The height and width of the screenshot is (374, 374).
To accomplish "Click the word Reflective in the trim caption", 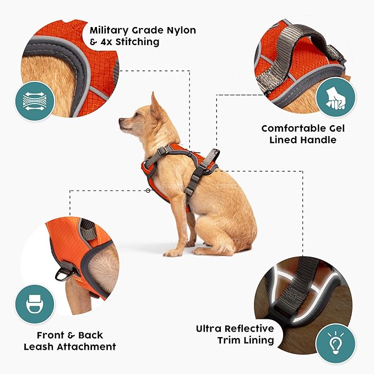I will coord(247,329).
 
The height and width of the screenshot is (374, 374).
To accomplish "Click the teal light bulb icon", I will coord(334,343).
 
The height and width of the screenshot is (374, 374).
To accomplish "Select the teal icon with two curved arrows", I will coord(34,101).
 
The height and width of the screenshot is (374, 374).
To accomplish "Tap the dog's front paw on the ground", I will coord(171,252).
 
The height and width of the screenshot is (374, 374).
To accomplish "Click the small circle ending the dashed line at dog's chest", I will coord(148,191).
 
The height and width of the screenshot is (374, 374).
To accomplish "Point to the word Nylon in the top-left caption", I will coord(177,30).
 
